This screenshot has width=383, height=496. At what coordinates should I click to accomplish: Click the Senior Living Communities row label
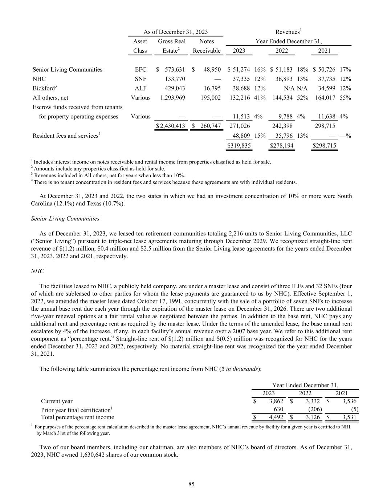(x=68, y=69)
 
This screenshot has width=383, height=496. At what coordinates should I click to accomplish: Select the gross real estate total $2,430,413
(x=170, y=126)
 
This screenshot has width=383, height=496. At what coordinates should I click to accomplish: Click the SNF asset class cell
(x=140, y=79)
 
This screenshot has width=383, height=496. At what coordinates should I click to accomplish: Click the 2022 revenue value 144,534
(x=282, y=98)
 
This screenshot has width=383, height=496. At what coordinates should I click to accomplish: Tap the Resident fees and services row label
(x=66, y=136)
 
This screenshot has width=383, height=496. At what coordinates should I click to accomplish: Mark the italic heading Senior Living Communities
(x=65, y=219)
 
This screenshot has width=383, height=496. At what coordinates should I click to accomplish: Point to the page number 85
(x=191, y=484)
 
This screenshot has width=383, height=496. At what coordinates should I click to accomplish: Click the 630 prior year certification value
(x=278, y=409)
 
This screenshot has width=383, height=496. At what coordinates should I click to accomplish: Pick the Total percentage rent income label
(x=77, y=417)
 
